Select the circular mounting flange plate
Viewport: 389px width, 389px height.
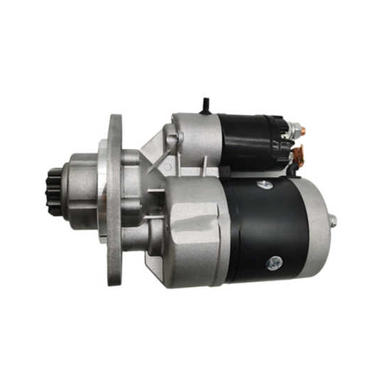[x=114, y=199]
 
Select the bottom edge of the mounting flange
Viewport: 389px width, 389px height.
[x=116, y=280]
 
